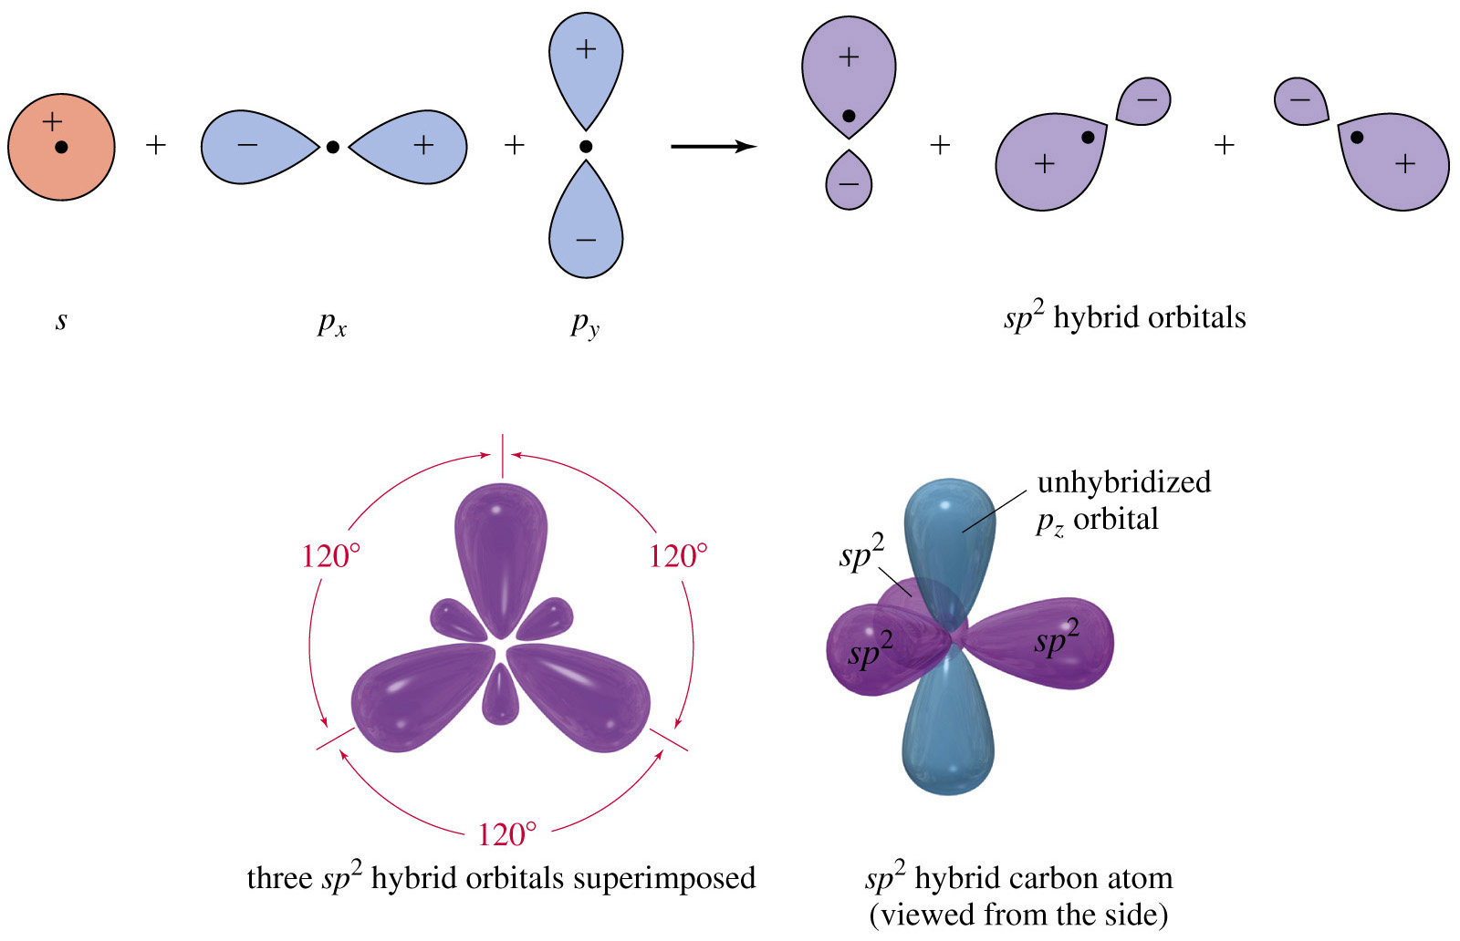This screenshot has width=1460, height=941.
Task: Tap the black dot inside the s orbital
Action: tap(61, 147)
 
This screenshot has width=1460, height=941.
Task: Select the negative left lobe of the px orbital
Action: tap(255, 146)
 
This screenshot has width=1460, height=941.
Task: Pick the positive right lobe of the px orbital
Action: tap(411, 146)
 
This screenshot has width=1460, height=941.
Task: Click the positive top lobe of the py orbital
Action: tap(586, 64)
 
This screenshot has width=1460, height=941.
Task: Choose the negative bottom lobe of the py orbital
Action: tap(586, 228)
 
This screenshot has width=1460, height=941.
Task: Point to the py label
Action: tap(585, 323)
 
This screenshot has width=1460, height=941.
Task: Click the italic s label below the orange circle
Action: tap(61, 320)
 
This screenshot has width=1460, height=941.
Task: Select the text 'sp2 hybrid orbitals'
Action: tap(1124, 316)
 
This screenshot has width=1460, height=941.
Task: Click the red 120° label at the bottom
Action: tap(506, 833)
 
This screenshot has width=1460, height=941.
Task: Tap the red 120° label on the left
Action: tap(330, 555)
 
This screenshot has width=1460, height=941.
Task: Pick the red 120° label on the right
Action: tap(678, 555)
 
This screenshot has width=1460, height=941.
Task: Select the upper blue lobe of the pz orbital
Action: tap(949, 538)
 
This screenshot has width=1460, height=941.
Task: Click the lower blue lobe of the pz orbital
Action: tap(949, 729)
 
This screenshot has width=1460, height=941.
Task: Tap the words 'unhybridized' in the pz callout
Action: tap(1124, 481)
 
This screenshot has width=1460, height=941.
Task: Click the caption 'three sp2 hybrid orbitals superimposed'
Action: tap(501, 877)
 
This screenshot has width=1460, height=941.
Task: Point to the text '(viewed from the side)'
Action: tap(1018, 914)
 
